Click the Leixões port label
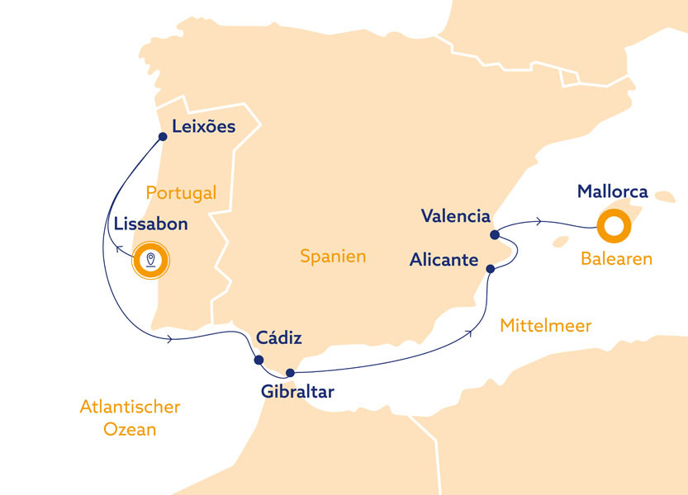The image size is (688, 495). point(203,127)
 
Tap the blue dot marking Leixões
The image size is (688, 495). point(163,137)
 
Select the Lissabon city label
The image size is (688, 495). point(150,224)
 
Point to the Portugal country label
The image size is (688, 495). point(181,193)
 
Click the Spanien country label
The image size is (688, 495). point(333,257)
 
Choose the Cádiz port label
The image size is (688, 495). point(279,338)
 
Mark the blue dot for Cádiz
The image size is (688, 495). point(259,360)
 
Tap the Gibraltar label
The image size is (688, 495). point(297,392)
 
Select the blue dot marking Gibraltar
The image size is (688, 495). point(290,373)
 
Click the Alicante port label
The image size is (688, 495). point(444,260)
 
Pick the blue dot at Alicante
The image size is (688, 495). point(491,268)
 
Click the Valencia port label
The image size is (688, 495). point(455,216)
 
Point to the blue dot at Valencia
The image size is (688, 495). point(494,234)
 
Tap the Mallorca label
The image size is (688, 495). point(612,191)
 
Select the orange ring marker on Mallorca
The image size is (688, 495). point(614,224)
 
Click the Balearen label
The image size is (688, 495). point(616,259)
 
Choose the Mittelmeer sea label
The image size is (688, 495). point(546,326)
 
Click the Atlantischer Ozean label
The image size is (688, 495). point(130,418)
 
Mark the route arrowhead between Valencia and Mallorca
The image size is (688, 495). point(539,221)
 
